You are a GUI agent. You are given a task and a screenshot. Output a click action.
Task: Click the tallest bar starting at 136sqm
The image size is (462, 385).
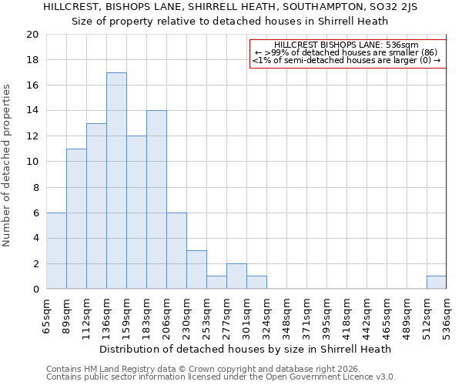tap(116, 181)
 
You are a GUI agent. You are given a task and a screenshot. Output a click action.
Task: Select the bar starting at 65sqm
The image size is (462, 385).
tap(56, 251)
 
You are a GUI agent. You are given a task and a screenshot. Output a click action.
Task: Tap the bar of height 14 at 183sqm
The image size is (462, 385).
tap(156, 200)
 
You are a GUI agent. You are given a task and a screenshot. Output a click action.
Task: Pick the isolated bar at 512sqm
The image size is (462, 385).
tap(437, 283)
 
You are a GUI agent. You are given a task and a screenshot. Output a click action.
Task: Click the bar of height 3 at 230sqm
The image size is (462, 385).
tap(196, 270)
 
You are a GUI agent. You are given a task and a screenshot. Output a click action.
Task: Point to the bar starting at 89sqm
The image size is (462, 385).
tap(76, 219)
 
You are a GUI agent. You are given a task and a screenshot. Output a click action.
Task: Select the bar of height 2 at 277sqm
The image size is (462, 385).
tap(236, 276)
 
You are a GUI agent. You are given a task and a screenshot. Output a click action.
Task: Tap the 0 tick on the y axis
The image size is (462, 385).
tap(35, 290)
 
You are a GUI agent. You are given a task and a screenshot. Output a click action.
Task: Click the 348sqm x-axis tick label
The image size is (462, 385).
tap(286, 316)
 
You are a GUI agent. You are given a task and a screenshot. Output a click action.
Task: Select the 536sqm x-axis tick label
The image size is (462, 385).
tap(447, 316)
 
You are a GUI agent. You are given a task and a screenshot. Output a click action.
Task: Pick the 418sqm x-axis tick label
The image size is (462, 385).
tap(346, 316)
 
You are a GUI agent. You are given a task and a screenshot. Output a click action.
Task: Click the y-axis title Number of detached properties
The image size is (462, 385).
tap(8, 166)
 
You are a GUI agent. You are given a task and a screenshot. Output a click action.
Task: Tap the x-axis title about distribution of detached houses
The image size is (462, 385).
tap(246, 349)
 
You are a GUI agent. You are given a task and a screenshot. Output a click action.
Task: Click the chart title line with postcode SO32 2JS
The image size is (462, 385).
tap(230, 7)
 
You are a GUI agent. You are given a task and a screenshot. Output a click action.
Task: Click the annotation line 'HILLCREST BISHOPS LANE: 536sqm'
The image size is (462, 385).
tap(346, 45)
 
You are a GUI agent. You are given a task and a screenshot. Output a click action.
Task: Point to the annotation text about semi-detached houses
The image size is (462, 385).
tap(346, 61)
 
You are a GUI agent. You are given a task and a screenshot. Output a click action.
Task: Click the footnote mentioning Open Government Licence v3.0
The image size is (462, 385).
tap(221, 377)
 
